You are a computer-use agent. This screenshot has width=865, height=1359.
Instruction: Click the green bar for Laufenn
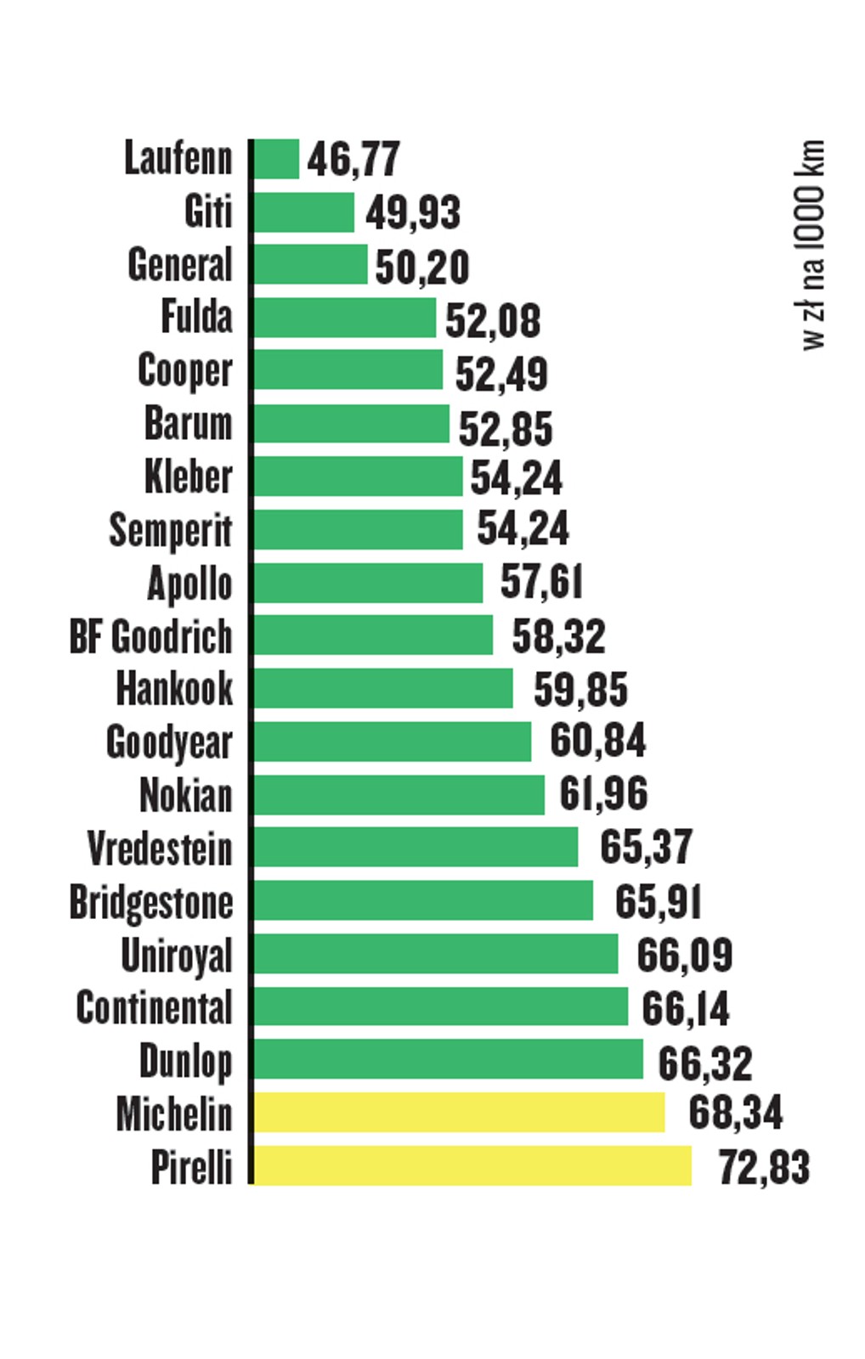tap(276, 159)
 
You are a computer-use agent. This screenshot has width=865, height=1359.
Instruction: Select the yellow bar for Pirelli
tap(472, 1164)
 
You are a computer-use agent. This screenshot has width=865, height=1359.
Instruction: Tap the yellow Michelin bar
tap(459, 1112)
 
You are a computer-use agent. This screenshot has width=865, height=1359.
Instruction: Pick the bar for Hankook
tap(383, 688)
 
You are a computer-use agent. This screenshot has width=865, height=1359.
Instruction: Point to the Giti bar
tap(303, 211)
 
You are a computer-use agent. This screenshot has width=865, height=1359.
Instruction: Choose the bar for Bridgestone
tap(423, 900)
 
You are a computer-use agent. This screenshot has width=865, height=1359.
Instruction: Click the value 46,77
tap(353, 159)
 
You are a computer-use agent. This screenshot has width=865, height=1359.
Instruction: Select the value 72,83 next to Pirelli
tap(764, 1166)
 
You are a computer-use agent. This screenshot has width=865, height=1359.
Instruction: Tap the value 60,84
tap(597, 741)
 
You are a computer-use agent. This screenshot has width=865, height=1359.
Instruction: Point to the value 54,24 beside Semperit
tap(523, 528)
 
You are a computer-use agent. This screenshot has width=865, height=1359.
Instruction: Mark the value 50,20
tap(422, 267)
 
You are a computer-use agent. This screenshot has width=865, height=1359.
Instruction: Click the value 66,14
tap(685, 1007)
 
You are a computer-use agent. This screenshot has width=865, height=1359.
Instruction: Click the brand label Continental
tap(154, 1007)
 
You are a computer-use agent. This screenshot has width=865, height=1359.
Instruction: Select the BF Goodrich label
tap(150, 636)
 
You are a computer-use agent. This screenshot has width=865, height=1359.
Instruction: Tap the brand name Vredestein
tap(160, 848)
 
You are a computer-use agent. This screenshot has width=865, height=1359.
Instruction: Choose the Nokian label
tap(185, 795)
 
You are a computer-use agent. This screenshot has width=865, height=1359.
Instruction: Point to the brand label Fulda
tap(196, 317)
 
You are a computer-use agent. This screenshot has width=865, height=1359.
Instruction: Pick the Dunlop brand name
tap(185, 1061)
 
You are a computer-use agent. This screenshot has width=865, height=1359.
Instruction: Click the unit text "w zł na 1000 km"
tap(812, 245)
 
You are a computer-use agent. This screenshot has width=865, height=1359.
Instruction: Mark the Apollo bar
tap(368, 583)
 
